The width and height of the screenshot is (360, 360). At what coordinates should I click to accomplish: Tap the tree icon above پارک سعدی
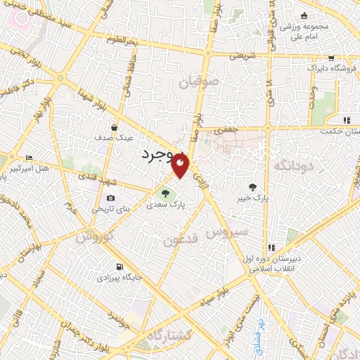[165, 193]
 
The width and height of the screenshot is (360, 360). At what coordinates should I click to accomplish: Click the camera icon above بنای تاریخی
[110, 199]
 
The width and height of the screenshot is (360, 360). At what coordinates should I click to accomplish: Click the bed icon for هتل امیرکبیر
[29, 157]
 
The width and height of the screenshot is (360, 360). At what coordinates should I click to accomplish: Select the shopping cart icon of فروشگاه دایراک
[331, 59]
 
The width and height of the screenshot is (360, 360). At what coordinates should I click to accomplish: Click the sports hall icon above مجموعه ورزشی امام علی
[304, 17]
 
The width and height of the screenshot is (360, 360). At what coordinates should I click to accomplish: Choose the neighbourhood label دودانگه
[291, 165]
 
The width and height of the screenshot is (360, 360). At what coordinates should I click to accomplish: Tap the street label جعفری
[226, 130]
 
